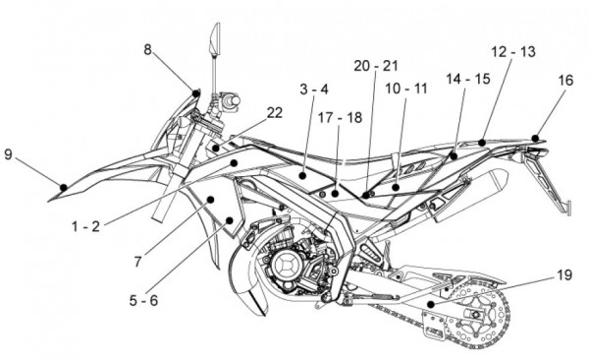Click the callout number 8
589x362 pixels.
tap(147, 49)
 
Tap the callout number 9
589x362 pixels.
tap(8, 153)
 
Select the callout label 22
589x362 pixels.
tap(274, 112)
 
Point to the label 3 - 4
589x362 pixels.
tap(314, 90)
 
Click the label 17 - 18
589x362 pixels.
tap(340, 118)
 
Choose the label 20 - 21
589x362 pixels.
tap(376, 66)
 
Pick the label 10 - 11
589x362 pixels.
tap(406, 89)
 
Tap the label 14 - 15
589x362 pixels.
tap(468, 79)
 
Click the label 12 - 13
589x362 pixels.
tap(513, 51)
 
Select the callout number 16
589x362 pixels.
tap(565, 80)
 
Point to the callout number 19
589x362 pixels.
tap(564, 275)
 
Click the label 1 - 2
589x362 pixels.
tap(86, 226)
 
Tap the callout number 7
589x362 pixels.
tap(137, 262)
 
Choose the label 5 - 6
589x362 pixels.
tap(143, 300)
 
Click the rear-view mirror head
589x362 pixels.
tap(215, 38)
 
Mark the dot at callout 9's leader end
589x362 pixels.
tap(64, 187)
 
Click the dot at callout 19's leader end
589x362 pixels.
tap(431, 304)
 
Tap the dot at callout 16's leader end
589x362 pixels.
tap(535, 138)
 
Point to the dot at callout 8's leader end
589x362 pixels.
tap(195, 92)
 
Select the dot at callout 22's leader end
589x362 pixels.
tap(216, 148)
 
